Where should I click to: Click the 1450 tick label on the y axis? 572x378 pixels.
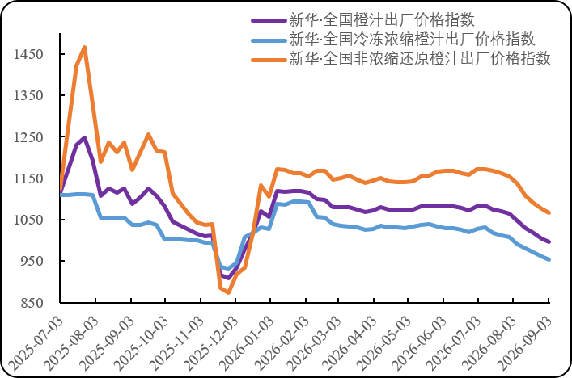pyautogui.click(x=28, y=54)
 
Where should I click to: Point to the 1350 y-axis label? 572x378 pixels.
pyautogui.click(x=28, y=95)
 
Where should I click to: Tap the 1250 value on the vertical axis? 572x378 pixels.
pyautogui.click(x=28, y=137)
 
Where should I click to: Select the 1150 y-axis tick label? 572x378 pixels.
pyautogui.click(x=28, y=178)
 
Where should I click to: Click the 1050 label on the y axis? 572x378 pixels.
pyautogui.click(x=28, y=220)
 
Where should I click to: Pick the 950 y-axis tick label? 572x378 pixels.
pyautogui.click(x=32, y=261)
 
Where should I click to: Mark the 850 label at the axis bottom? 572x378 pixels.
pyautogui.click(x=32, y=303)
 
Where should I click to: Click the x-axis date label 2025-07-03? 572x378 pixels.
pyautogui.click(x=36, y=343)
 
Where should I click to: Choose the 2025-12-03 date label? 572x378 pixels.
pyautogui.click(x=211, y=343)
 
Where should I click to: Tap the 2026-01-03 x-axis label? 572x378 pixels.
pyautogui.click(x=247, y=343)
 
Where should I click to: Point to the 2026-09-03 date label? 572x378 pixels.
pyautogui.click(x=524, y=343)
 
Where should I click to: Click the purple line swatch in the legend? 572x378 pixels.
pyautogui.click(x=269, y=21)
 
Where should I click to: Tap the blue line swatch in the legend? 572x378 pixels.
pyautogui.click(x=269, y=40)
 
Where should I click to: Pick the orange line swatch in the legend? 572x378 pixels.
pyautogui.click(x=269, y=60)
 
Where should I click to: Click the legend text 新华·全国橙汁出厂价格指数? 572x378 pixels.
pyautogui.click(x=382, y=20)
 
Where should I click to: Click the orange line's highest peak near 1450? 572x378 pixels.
pyautogui.click(x=85, y=48)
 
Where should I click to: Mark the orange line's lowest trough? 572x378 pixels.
pyautogui.click(x=228, y=292)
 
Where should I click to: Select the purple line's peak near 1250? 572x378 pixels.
pyautogui.click(x=85, y=137)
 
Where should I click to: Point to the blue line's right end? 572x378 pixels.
pyautogui.click(x=549, y=259)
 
